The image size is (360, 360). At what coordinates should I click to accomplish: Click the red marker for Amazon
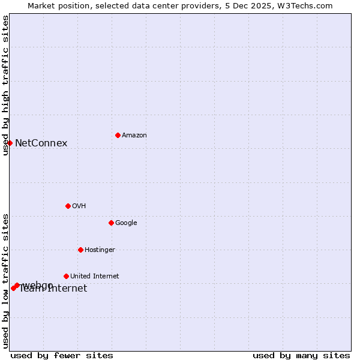118,135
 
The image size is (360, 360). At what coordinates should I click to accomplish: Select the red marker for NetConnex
10,143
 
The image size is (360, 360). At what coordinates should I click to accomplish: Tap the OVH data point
68,206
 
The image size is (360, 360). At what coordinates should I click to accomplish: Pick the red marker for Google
111,223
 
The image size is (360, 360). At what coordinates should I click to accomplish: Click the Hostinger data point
80,250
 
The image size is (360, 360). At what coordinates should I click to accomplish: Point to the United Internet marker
66,276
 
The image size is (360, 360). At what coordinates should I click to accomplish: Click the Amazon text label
134,136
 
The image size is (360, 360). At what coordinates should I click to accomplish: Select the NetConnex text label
41,143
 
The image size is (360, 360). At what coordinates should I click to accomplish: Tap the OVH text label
79,206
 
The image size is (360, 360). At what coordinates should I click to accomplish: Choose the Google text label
126,223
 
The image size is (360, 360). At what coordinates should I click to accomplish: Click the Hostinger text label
100,250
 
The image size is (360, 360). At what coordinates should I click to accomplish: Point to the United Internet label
94,277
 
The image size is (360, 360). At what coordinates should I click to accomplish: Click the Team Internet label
53,289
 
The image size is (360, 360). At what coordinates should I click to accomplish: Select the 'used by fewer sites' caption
62,355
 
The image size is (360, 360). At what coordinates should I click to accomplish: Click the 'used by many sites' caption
301,355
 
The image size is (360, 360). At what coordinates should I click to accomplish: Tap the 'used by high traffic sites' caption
5,85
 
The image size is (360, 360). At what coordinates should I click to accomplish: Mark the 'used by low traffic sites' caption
5,281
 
